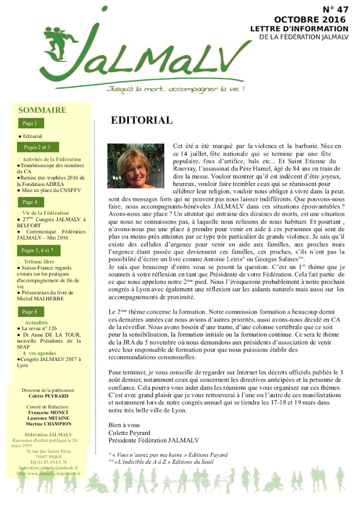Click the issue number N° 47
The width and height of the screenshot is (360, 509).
point(335,9)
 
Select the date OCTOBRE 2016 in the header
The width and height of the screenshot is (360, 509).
point(310,19)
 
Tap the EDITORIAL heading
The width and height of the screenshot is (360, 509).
point(142,120)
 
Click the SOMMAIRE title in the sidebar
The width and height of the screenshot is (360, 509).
point(42,110)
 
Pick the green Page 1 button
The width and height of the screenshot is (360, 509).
point(30,123)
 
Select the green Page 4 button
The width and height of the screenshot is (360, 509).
point(30,202)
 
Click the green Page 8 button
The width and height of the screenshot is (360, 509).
point(30,312)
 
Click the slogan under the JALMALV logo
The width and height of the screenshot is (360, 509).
point(177,89)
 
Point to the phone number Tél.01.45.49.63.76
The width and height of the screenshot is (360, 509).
point(49,462)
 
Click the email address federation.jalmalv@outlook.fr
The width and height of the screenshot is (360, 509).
point(48,468)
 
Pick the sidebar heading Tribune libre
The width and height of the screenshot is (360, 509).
point(39,261)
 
